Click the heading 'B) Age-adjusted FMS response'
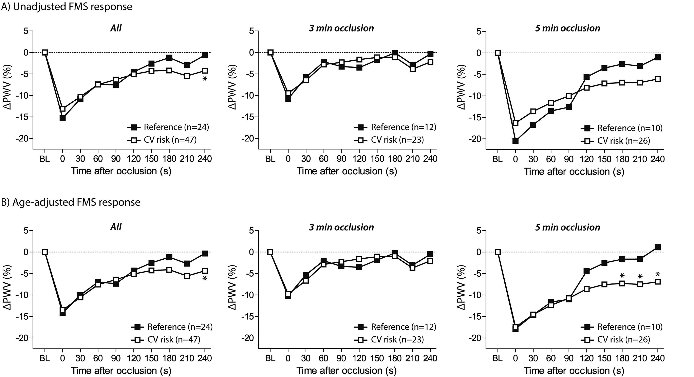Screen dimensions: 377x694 coord(71,202)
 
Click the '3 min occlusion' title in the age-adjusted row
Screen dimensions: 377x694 coord(341,227)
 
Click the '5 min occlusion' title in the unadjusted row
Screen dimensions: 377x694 coord(567,28)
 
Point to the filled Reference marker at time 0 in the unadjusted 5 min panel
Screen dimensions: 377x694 coord(515,141)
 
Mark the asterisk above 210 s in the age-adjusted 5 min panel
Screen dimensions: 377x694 coord(640,277)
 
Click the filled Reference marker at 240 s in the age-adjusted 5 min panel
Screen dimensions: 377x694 coord(658,247)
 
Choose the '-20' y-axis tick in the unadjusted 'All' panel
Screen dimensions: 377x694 coord(22,138)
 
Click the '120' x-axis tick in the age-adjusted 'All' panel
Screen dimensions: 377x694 coord(134,358)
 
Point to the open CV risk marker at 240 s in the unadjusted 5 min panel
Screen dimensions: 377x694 coord(658,79)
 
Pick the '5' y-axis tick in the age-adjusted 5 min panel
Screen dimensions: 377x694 coord(479,231)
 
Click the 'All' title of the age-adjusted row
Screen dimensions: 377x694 coord(116,227)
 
